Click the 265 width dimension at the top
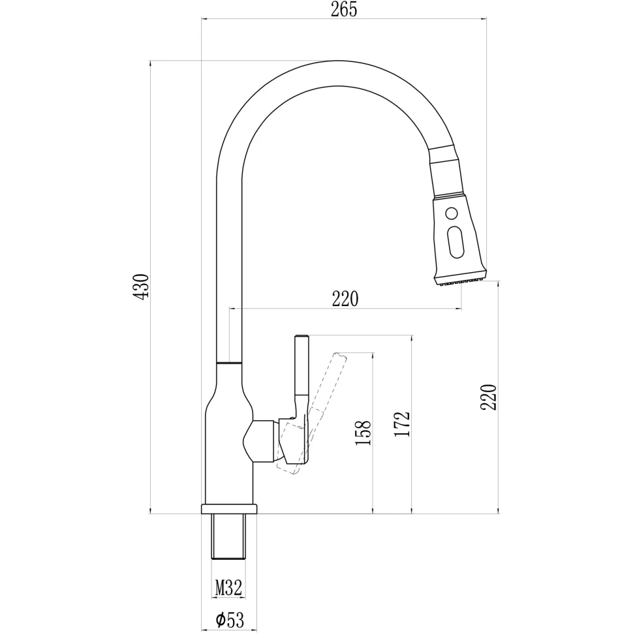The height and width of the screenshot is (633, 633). coord(344,9)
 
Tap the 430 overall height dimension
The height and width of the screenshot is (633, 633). coord(142,286)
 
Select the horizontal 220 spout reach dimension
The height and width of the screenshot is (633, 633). coord(345,299)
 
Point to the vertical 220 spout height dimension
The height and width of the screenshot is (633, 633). coord(489,397)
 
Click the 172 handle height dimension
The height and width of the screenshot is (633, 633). coord(402,424)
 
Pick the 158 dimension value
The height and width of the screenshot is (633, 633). coord(363,433)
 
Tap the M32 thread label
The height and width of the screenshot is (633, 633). coord(228,587)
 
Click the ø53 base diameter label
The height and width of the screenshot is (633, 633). coord(230,620)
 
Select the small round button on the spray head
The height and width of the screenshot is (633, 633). coord(452,212)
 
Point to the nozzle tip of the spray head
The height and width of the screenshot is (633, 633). coord(461,281)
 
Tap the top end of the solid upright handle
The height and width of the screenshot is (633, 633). coord(302,336)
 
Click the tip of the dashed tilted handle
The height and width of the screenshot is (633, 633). coord(340,355)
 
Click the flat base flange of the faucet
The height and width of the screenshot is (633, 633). coord(229,508)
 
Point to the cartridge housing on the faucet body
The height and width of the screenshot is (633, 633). coord(261,441)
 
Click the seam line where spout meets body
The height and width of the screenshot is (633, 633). coord(229,363)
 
